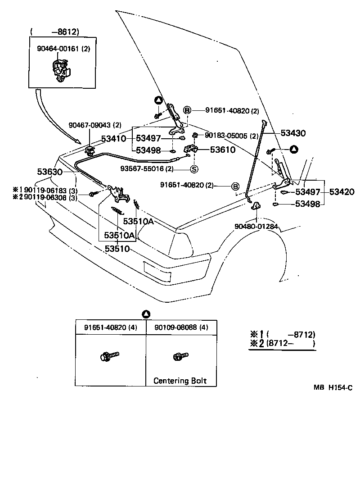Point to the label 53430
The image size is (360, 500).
(293, 133)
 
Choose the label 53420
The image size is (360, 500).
(342, 192)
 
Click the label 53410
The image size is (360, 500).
(113, 139)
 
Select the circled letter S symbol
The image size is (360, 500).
(194, 169)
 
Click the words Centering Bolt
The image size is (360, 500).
(180, 381)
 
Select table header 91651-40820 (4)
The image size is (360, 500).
(111, 327)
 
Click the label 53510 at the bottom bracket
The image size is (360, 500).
(117, 248)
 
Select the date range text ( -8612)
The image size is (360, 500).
(55, 32)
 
